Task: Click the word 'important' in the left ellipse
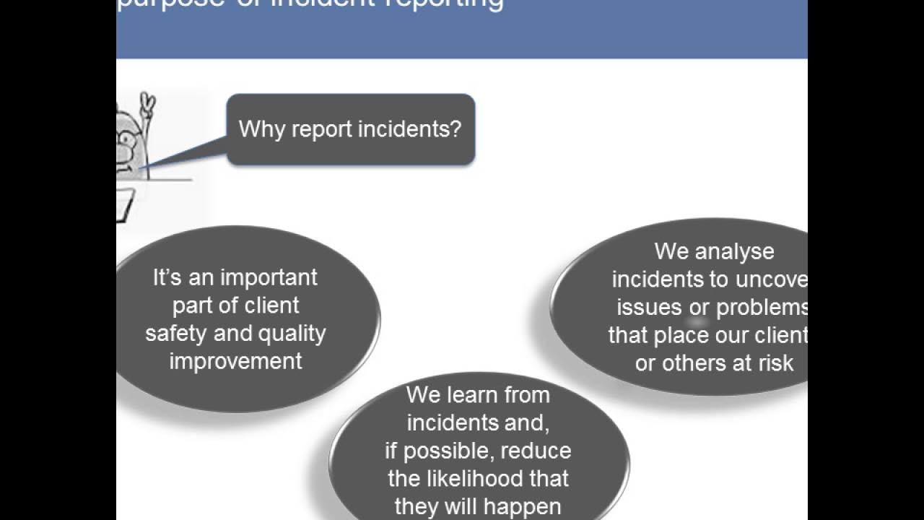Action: tap(269, 278)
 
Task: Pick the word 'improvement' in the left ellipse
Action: tap(235, 361)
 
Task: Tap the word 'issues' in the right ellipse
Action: tap(649, 307)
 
